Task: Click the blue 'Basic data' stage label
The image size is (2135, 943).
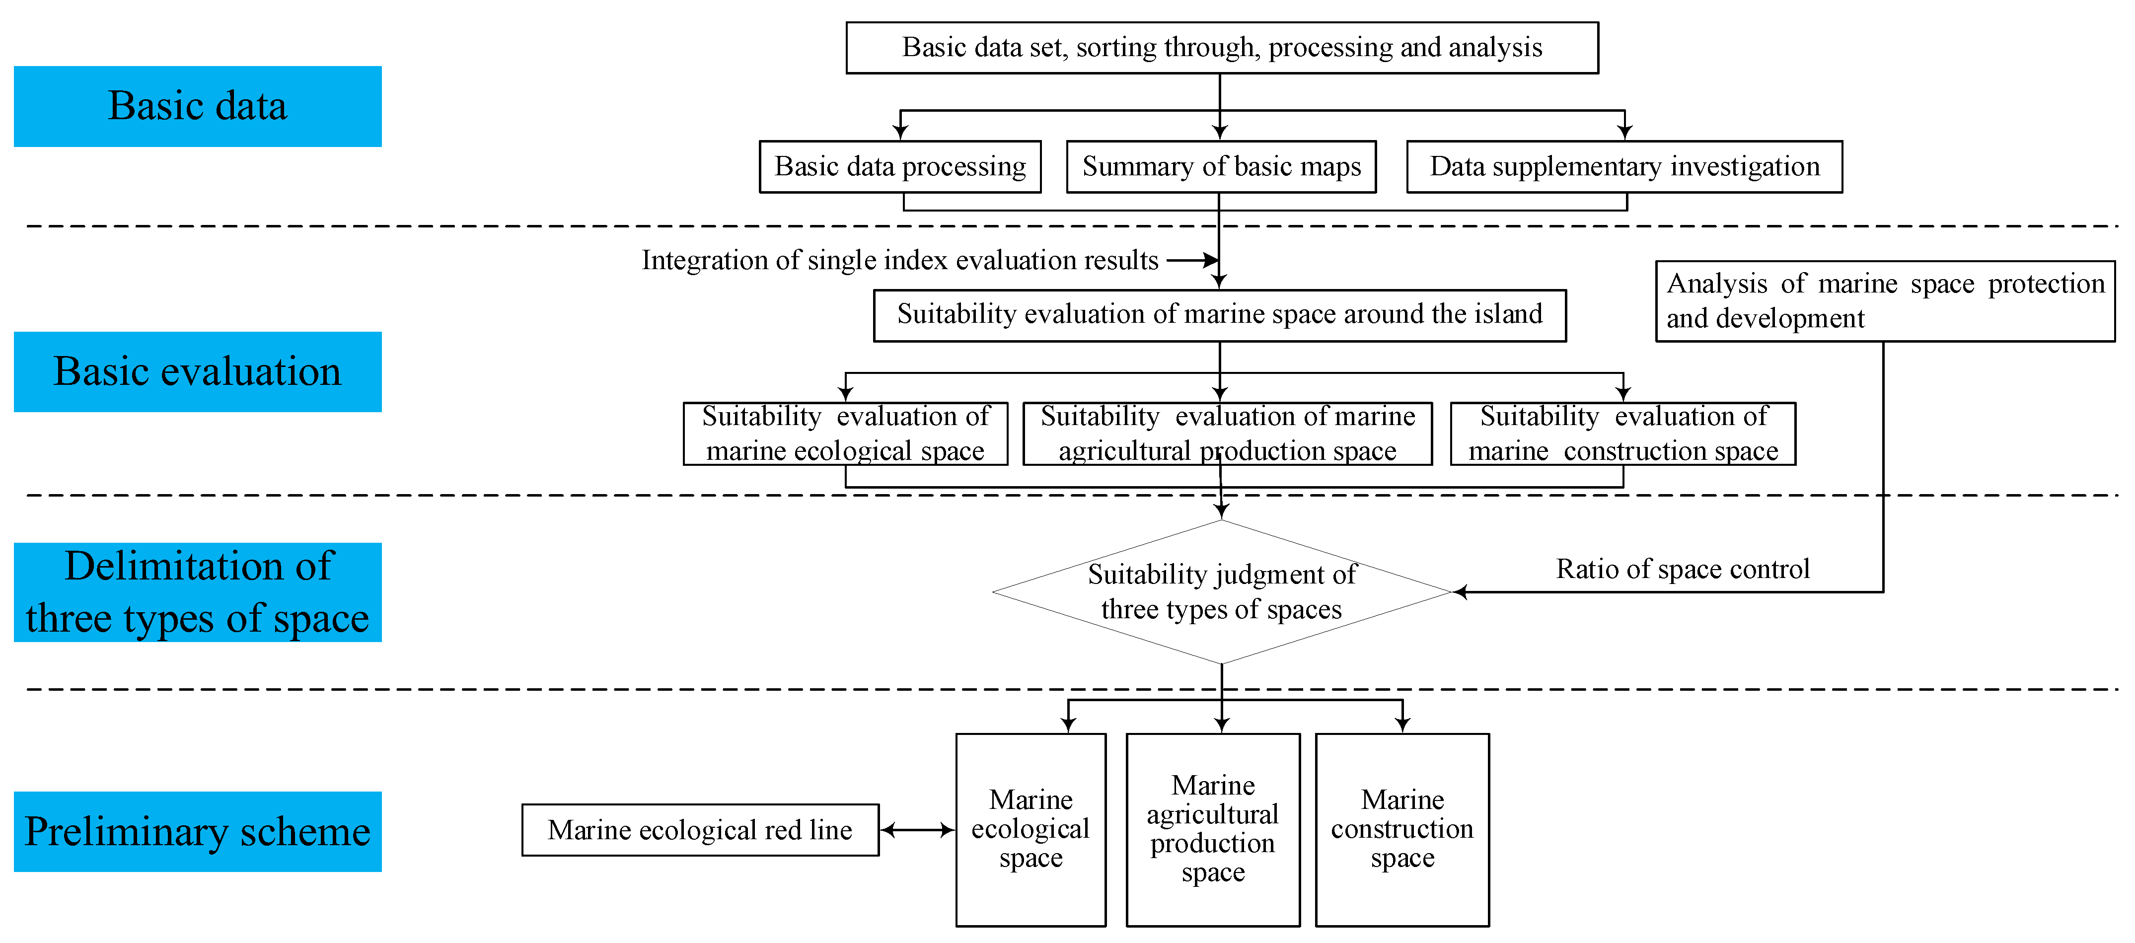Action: click(197, 106)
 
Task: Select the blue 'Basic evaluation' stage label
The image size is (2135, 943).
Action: click(197, 371)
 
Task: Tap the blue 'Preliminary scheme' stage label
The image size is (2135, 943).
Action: click(197, 831)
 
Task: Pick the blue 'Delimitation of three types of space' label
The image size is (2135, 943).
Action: click(197, 591)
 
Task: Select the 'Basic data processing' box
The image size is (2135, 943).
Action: click(900, 166)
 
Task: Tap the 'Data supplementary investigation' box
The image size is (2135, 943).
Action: click(1624, 166)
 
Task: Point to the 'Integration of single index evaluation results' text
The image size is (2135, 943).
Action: click(899, 260)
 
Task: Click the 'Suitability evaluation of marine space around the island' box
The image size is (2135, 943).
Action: click(1219, 315)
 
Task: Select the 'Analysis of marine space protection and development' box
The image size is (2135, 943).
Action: click(1885, 301)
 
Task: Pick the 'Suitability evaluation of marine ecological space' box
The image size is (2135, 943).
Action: click(845, 434)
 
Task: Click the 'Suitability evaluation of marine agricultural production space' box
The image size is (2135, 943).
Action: click(1228, 434)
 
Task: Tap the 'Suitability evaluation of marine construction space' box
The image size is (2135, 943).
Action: click(1623, 434)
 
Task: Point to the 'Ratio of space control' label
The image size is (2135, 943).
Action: click(1683, 569)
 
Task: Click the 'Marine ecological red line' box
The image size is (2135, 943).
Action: click(700, 829)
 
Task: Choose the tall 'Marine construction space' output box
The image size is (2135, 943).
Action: click(1402, 829)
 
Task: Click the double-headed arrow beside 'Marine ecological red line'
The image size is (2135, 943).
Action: click(917, 829)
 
